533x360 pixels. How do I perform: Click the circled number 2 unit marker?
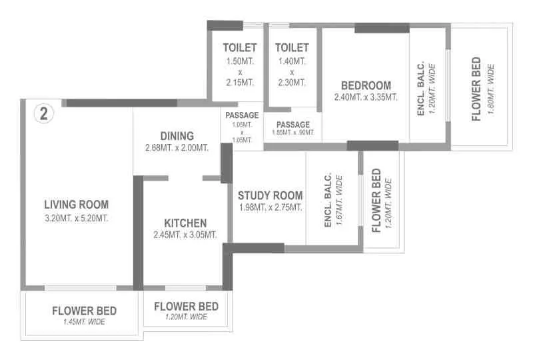click(44, 113)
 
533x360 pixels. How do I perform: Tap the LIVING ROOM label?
click(76, 205)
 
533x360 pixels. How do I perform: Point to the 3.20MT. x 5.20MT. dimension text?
click(76, 218)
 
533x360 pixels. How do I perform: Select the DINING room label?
click(177, 135)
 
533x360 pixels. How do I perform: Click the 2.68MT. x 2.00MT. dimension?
click(177, 147)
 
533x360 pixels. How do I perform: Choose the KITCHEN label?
click(185, 223)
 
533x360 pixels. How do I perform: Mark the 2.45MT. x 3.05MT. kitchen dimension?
click(185, 235)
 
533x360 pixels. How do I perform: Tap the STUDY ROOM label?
click(270, 195)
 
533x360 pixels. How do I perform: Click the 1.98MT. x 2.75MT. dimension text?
click(270, 207)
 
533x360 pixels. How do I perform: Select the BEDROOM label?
click(366, 85)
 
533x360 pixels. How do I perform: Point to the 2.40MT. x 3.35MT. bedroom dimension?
click(366, 97)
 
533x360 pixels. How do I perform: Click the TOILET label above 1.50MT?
click(239, 48)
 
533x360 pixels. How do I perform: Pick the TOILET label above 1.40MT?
click(292, 48)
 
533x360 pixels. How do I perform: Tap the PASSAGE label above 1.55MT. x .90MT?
click(293, 124)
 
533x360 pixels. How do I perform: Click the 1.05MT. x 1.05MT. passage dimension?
click(242, 132)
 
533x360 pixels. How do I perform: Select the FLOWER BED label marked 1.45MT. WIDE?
click(84, 311)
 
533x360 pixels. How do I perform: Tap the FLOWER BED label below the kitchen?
click(185, 306)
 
